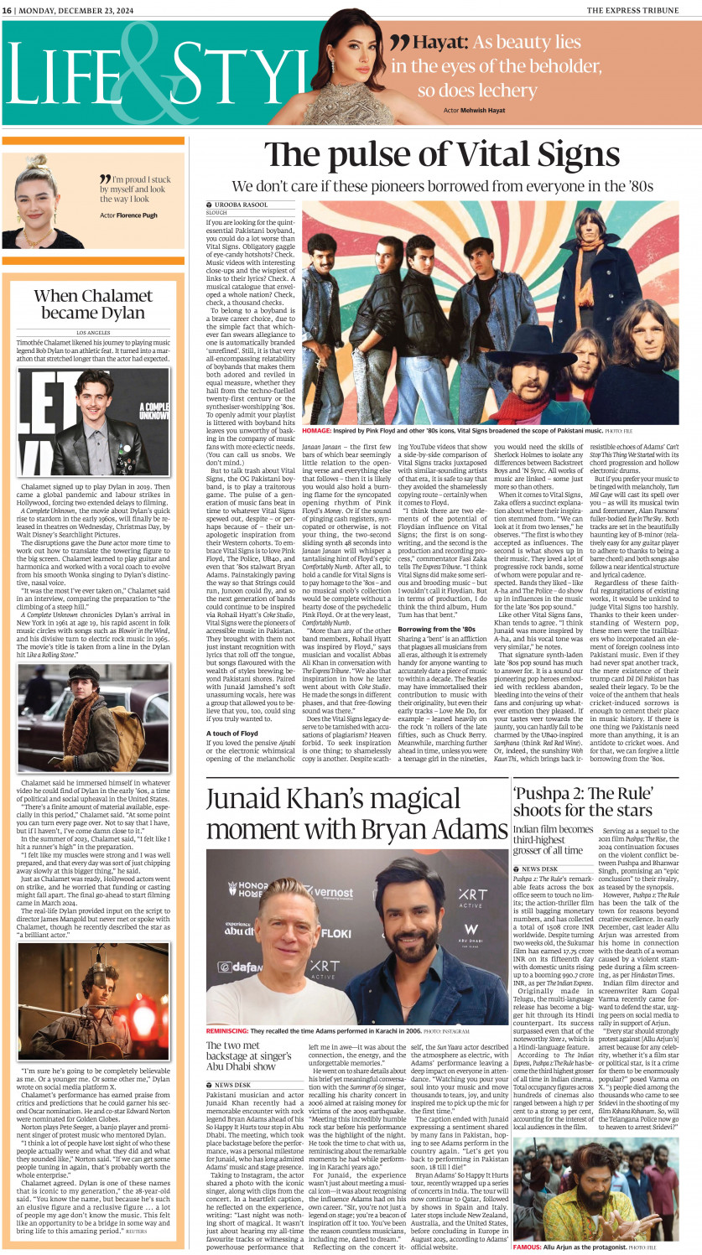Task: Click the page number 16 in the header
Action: tap(7, 9)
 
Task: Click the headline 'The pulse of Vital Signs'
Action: tap(442, 157)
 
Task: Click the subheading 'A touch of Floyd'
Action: tap(232, 734)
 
